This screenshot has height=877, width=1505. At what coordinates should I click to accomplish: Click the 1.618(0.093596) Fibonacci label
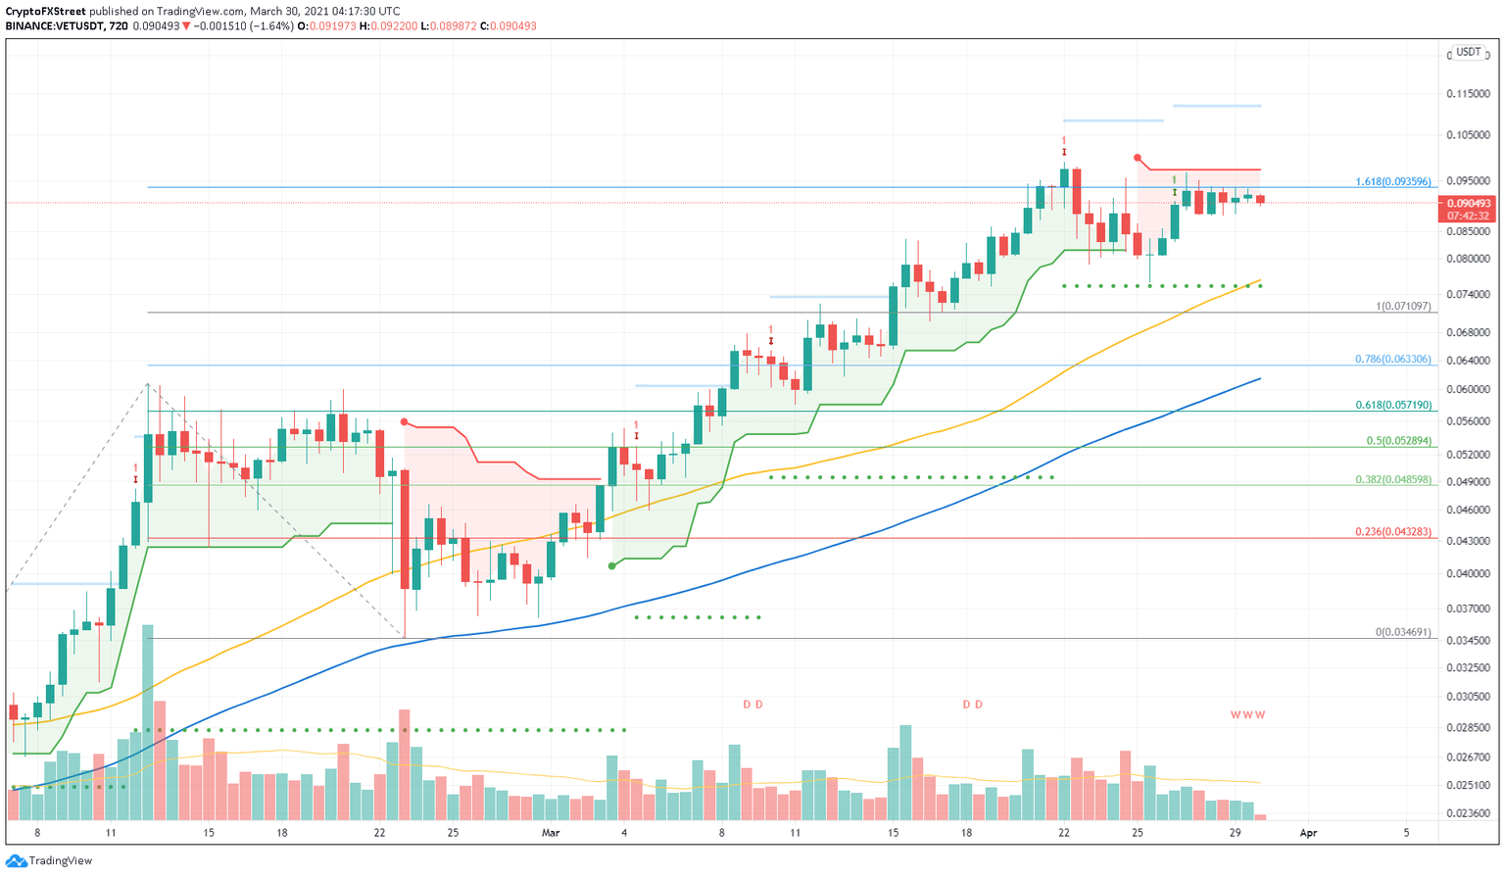[x=1392, y=182]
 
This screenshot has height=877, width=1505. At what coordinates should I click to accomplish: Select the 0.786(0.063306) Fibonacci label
[x=1392, y=360]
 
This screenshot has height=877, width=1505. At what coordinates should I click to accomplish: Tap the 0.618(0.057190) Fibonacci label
[x=1392, y=405]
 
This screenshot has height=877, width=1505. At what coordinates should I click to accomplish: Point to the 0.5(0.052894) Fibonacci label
[x=1398, y=441]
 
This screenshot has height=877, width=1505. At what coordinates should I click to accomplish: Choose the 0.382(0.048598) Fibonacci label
[x=1392, y=480]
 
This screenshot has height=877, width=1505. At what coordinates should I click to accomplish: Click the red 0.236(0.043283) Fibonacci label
[x=1392, y=532]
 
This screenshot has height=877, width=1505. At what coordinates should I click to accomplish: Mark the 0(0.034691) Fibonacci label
[x=1403, y=633]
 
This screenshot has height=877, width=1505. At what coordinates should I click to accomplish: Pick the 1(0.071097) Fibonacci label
[x=1403, y=307]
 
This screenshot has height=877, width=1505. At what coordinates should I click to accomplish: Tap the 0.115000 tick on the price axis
[x=1467, y=94]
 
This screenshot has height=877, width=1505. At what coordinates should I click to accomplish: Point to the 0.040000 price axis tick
[x=1467, y=574]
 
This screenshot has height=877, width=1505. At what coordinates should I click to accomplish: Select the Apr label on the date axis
[x=1307, y=833]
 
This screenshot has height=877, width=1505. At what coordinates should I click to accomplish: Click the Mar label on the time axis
[x=551, y=833]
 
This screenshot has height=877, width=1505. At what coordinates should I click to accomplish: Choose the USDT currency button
[x=1468, y=52]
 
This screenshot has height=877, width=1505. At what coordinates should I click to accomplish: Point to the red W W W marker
[x=1247, y=715]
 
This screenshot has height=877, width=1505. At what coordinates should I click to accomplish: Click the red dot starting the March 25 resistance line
[x=1137, y=158]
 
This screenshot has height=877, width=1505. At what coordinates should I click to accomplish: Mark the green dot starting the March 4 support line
[x=612, y=565]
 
